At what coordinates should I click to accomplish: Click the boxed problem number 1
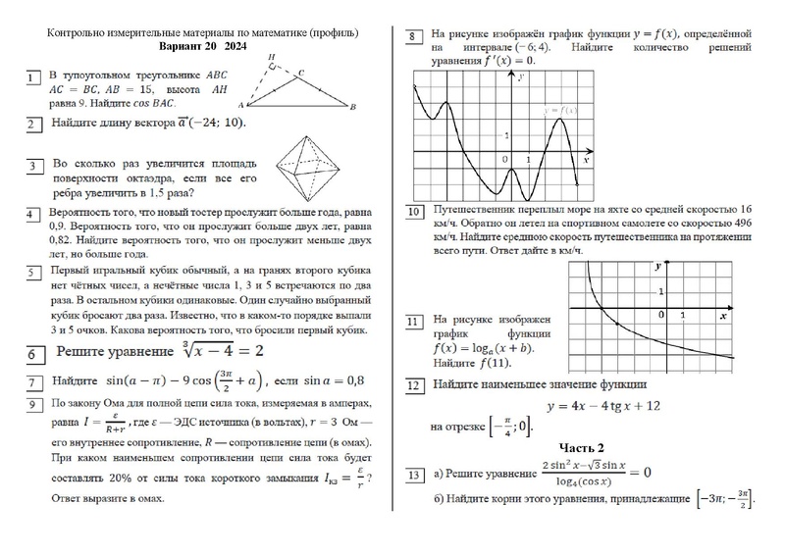[34, 75]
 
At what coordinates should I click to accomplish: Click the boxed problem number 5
[34, 273]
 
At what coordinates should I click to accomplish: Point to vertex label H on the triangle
[271, 57]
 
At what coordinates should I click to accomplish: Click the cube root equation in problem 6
[209, 351]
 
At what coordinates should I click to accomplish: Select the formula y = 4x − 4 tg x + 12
[587, 405]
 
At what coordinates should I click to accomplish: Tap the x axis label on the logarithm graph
[722, 316]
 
